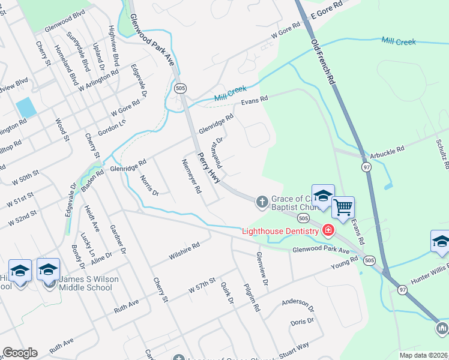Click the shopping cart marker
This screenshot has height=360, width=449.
[343, 208]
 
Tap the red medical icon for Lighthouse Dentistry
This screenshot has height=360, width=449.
[328, 230]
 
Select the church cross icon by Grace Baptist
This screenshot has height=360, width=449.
[262, 202]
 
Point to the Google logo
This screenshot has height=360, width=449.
[19, 353]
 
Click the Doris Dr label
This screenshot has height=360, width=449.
[302, 321]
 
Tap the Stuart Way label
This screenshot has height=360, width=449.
[293, 346]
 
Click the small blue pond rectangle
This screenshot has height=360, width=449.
[26, 107]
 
